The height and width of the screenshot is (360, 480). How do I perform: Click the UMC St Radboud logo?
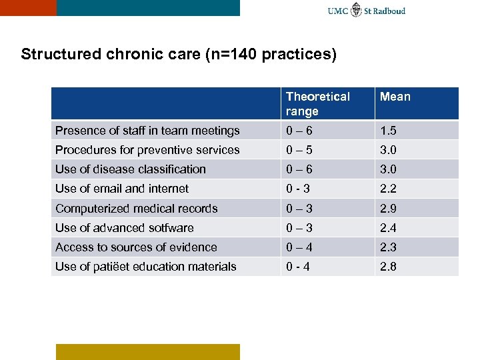click(x=366, y=10)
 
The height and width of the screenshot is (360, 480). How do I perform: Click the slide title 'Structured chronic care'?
click(x=178, y=54)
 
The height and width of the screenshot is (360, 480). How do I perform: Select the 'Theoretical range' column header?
click(x=318, y=104)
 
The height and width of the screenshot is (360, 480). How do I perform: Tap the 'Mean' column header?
click(x=395, y=97)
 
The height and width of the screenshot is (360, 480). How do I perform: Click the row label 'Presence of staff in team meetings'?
click(x=147, y=131)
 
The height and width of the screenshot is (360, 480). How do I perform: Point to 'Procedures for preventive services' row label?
click(x=147, y=150)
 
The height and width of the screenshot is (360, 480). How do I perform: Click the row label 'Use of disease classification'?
click(x=131, y=169)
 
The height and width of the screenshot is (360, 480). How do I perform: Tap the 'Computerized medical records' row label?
click(x=136, y=209)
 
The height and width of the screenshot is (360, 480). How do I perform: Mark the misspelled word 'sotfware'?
click(x=169, y=228)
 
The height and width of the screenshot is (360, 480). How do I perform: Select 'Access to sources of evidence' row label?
click(x=136, y=247)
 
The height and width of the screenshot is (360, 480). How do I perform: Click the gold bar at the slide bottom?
click(x=147, y=351)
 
